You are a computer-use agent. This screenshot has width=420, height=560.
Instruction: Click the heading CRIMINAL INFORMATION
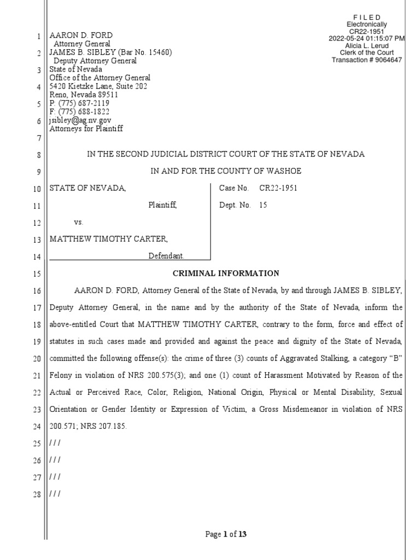[226, 273]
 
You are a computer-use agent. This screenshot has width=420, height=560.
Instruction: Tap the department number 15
[264, 206]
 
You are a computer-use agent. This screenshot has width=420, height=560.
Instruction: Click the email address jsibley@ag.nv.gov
[80, 120]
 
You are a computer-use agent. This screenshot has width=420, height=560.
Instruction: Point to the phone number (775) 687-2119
[84, 103]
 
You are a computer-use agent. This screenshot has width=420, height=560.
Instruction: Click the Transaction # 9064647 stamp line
[367, 60]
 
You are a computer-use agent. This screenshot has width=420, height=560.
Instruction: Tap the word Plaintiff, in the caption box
[163, 206]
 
